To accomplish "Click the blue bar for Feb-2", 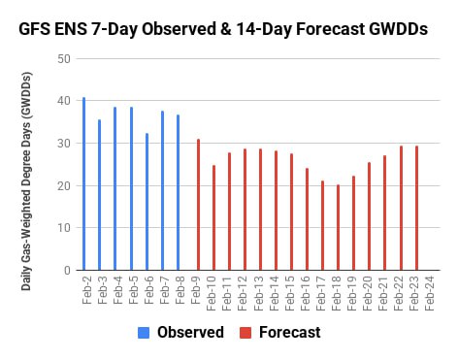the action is point(84,183).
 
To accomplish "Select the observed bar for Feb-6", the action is point(147,202).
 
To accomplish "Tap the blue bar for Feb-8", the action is point(179,192).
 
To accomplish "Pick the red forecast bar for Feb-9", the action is point(199,205).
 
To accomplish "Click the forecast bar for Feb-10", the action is point(214,217).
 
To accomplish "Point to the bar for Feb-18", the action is point(339,227).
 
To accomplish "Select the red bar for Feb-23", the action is point(417,208).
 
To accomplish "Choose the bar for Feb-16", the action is point(308,219).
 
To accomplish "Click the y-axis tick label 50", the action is point(64,59).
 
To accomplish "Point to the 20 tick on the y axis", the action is point(64,186).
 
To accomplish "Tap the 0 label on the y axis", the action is point(67,270).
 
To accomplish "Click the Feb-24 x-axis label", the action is point(429,293).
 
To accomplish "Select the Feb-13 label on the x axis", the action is point(258,293).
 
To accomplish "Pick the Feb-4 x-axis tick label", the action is point(118,290).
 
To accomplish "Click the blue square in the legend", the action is point(144,333).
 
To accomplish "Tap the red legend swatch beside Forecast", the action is point(245,333).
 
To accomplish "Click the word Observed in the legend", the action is point(190,333).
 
